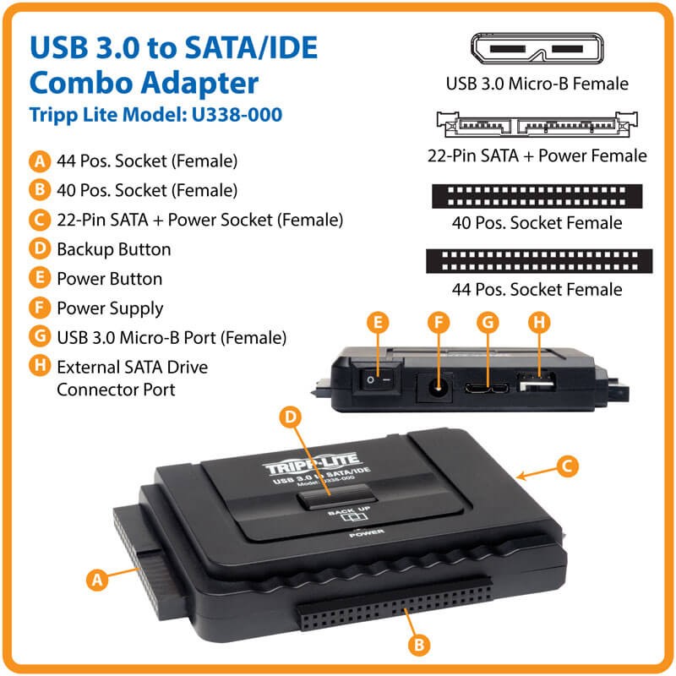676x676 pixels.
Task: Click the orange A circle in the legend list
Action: (x=40, y=161)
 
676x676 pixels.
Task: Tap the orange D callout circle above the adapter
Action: (x=290, y=417)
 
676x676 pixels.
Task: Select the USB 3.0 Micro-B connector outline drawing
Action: (x=537, y=49)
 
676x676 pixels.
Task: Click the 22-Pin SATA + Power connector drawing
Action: (x=537, y=124)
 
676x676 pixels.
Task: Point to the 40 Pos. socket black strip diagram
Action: (x=537, y=196)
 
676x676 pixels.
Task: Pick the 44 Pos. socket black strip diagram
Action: (x=539, y=261)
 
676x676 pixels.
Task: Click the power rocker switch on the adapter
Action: (x=377, y=379)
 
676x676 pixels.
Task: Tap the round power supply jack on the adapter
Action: (x=437, y=388)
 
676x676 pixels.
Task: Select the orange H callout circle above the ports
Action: (x=539, y=323)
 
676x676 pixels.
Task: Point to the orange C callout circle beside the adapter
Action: (x=567, y=466)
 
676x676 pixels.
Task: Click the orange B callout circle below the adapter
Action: (x=419, y=645)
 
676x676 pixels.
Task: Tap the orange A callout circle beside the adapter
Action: (x=97, y=580)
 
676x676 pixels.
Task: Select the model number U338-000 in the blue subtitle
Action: (x=237, y=115)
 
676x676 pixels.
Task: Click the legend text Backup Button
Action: (x=114, y=249)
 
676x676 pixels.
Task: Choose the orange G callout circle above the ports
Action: (x=488, y=323)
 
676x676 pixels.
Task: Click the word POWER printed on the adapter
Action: (x=367, y=533)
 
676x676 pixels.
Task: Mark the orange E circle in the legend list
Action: (x=40, y=278)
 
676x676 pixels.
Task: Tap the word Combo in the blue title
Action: (x=81, y=83)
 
